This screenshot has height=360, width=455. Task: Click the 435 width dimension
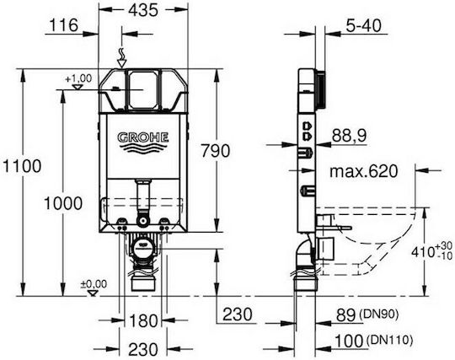pyautogui.click(x=143, y=10)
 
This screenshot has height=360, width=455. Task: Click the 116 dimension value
pyautogui.click(x=64, y=25)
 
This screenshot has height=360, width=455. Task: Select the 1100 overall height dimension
pyautogui.click(x=22, y=166)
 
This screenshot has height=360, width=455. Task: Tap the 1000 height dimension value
pyautogui.click(x=63, y=203)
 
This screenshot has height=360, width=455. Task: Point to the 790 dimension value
pyautogui.click(x=216, y=151)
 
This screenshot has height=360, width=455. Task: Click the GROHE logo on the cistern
pyautogui.click(x=143, y=142)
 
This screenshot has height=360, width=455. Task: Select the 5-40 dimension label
pyautogui.click(x=363, y=25)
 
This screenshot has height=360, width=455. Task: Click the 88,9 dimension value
pyautogui.click(x=349, y=135)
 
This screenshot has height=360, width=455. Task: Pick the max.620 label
pyautogui.click(x=363, y=171)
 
